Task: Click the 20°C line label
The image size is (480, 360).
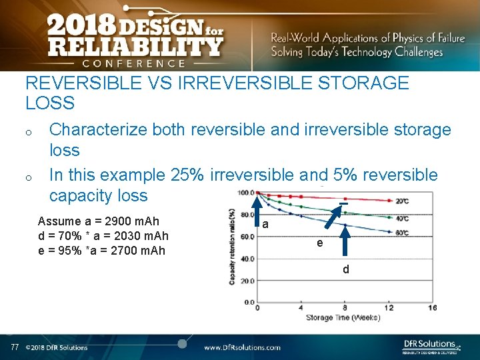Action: point(402,201)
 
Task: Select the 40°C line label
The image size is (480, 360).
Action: point(402,217)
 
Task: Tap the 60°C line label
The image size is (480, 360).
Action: point(402,233)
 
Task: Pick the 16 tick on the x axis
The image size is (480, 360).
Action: point(432,308)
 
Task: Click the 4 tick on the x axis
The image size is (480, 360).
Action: point(301,308)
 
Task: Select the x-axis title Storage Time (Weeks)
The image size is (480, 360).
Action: point(343,317)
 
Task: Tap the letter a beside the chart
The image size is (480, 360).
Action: point(265,225)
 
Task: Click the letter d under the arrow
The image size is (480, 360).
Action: point(345,270)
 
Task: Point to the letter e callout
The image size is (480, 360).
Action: point(320,243)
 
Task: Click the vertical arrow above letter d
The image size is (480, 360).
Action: point(345,241)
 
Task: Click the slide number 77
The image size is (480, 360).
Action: point(15,347)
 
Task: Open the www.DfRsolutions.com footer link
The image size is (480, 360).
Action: point(242,347)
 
